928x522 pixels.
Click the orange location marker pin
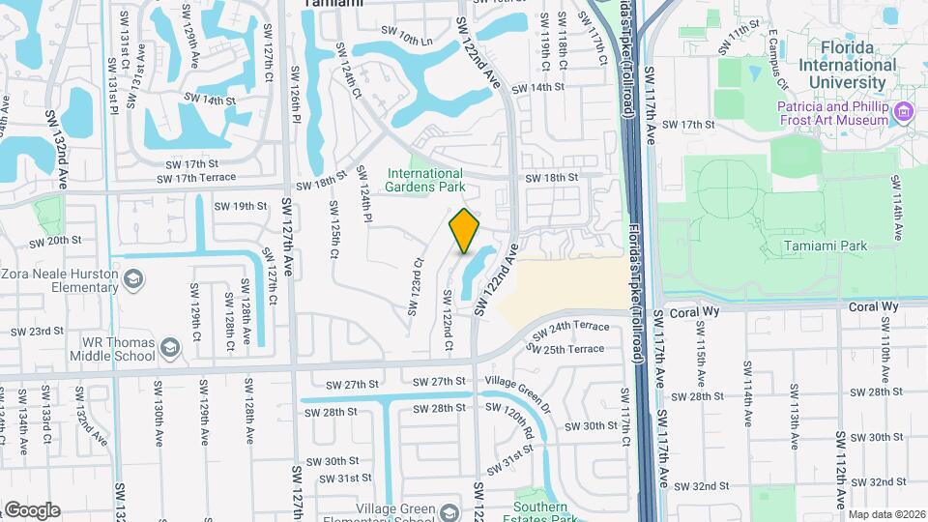click(x=465, y=231)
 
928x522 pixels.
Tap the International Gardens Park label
click(x=426, y=180)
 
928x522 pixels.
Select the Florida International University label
click(x=844, y=57)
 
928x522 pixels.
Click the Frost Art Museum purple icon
click(x=905, y=112)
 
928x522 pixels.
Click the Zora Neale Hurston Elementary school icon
click(x=132, y=281)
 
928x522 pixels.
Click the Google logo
click(x=32, y=509)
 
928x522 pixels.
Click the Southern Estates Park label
click(x=540, y=513)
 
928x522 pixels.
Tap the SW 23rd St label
click(x=37, y=332)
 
